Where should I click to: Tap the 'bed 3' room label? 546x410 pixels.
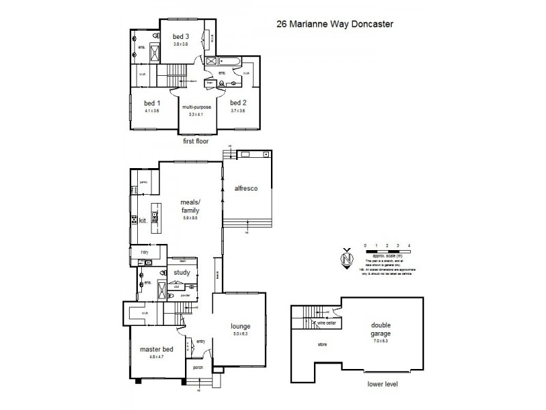coord(180,36)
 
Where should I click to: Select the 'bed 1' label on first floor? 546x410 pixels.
coord(151,102)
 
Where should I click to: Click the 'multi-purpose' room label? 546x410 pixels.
coord(197,107)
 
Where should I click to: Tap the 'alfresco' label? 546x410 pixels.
coord(245,188)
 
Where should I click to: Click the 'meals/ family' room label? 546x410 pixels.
coord(189,206)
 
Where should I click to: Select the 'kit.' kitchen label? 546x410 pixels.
coord(143,221)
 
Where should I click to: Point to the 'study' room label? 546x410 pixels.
coord(182,272)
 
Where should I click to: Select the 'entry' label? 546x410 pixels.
coord(201,342)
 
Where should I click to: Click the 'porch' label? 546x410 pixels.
coord(198,367)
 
